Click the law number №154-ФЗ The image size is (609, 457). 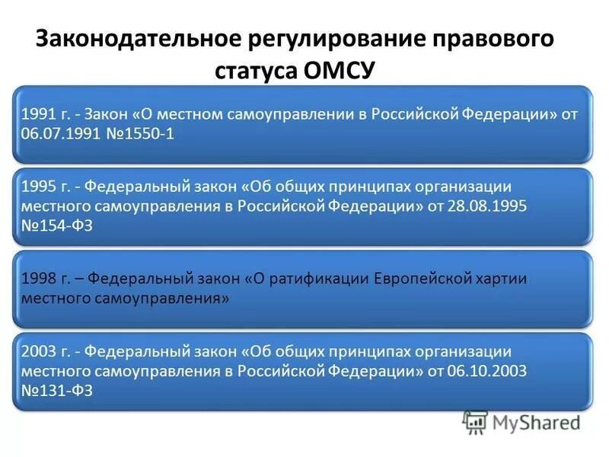(x=57, y=226)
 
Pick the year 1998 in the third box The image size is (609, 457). (x=37, y=279)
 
